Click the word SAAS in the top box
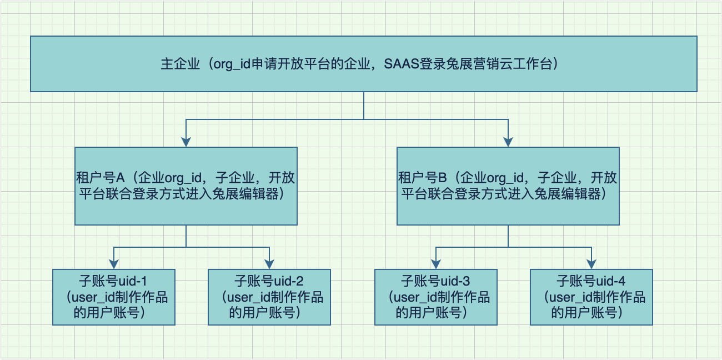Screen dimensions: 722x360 [402, 64]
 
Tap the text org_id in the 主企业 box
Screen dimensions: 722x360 [232, 64]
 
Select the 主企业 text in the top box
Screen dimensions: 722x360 [180, 64]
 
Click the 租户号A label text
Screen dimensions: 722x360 [100, 178]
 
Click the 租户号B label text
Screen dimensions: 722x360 [422, 178]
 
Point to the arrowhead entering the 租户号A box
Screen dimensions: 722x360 [186, 142]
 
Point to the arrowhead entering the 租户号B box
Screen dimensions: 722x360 [508, 142]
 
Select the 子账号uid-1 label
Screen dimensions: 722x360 [113, 281]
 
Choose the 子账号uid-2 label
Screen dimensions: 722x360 [269, 281]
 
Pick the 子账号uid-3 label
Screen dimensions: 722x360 [435, 281]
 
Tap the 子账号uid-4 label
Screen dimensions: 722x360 [591, 281]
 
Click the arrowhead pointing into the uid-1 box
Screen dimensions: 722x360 [114, 264]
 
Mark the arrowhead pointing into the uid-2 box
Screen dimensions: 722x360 [269, 264]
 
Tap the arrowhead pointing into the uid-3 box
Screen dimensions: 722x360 [436, 264]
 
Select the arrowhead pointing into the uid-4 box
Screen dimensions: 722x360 [591, 264]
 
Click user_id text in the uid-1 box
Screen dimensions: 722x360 [93, 297]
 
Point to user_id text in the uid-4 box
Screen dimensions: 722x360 [571, 297]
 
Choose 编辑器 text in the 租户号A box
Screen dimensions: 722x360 [259, 194]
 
